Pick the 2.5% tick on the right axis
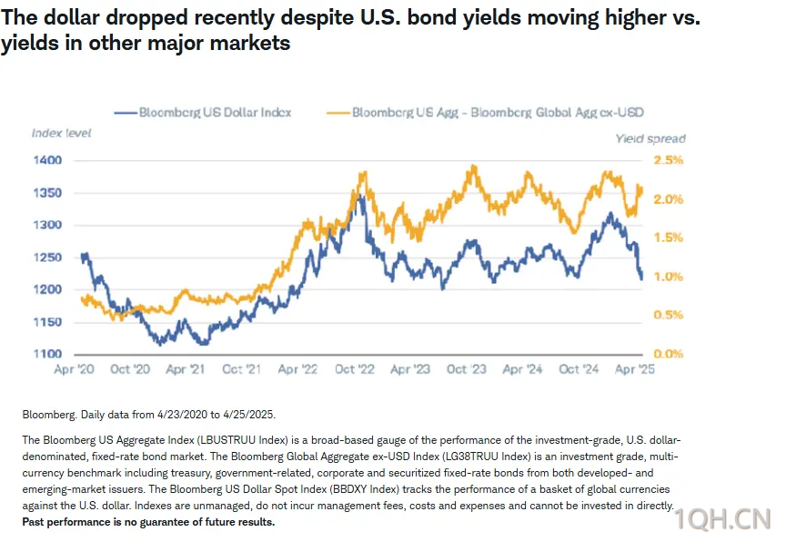point(668,160)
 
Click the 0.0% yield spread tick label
point(668,354)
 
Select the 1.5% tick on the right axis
point(668,237)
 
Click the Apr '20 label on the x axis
point(76,370)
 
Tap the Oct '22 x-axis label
point(355,370)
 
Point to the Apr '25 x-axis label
point(633,370)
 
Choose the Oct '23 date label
point(467,370)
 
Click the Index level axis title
point(61,133)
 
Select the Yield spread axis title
point(650,139)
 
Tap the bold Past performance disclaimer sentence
point(147,523)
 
